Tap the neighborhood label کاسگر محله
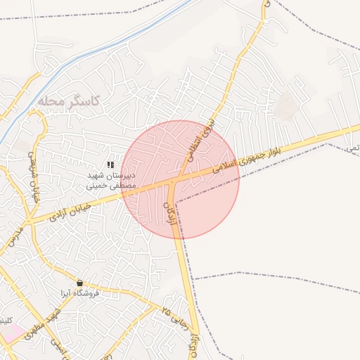[x=70, y=102]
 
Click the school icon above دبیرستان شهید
[x=110, y=165]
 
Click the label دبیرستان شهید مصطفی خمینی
[x=110, y=181]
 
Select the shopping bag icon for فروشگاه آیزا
[x=79, y=283]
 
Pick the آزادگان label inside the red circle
[x=169, y=213]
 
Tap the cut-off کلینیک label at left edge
[x=6, y=321]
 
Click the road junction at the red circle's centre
[x=173, y=181]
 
